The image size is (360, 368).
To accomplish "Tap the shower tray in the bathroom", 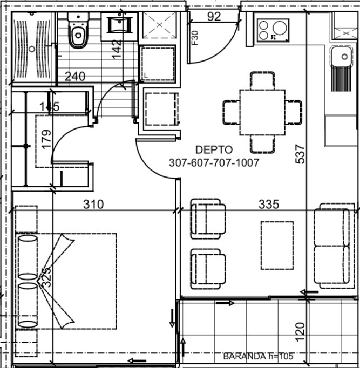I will tap(32, 49).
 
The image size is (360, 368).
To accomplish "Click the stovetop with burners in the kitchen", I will tap(273, 30).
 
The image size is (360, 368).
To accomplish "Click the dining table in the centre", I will tap(262, 112).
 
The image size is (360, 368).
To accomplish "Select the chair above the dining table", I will tap(262, 80).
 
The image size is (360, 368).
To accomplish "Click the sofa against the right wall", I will tap(336, 246).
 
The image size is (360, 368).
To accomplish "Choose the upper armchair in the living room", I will tap(208, 218).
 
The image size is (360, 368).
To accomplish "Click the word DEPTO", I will tap(213, 150).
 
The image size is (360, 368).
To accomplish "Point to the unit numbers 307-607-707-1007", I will tap(214, 162).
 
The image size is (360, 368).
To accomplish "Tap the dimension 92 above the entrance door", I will tap(214, 16).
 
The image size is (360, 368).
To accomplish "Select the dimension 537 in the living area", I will tap(301, 153).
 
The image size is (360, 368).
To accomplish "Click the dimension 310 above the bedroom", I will tap(93, 205).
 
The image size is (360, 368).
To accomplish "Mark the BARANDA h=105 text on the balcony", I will tap(258, 356).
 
